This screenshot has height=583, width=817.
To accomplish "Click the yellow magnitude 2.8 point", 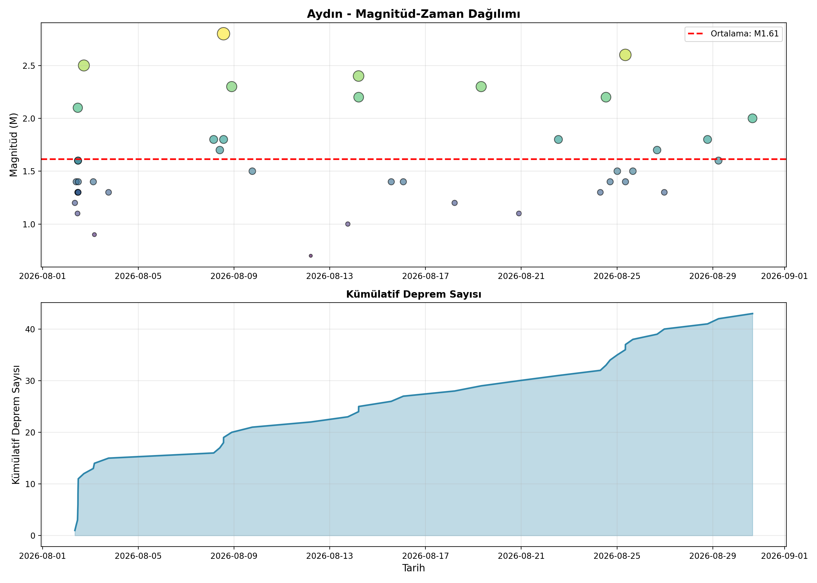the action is pyautogui.click(x=224, y=34).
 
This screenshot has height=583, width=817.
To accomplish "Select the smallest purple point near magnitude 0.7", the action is pyautogui.click(x=311, y=256).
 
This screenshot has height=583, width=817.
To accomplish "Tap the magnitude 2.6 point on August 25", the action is pyautogui.click(x=626, y=55).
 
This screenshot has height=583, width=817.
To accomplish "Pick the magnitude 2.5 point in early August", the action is pyautogui.click(x=84, y=66).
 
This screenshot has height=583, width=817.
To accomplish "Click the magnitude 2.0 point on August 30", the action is pyautogui.click(x=752, y=118).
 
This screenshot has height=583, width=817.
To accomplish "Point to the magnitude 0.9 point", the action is pyautogui.click(x=95, y=235).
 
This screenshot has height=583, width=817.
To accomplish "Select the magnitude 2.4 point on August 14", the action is pyautogui.click(x=359, y=76).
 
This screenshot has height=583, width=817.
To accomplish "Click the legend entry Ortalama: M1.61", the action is pyautogui.click(x=733, y=34).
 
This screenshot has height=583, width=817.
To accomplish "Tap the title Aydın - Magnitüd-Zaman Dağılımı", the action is pyautogui.click(x=413, y=14).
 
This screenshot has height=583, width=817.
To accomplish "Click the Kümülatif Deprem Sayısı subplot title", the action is pyautogui.click(x=413, y=294).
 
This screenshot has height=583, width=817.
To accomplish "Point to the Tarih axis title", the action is pyautogui.click(x=413, y=568).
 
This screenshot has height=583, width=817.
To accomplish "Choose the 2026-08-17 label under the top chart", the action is pyautogui.click(x=425, y=276).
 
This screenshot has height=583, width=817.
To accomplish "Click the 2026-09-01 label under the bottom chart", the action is pyautogui.click(x=785, y=556).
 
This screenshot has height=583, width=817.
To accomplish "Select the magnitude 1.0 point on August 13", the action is pyautogui.click(x=348, y=224).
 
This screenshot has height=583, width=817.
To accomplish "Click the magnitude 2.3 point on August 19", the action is pyautogui.click(x=481, y=87).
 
